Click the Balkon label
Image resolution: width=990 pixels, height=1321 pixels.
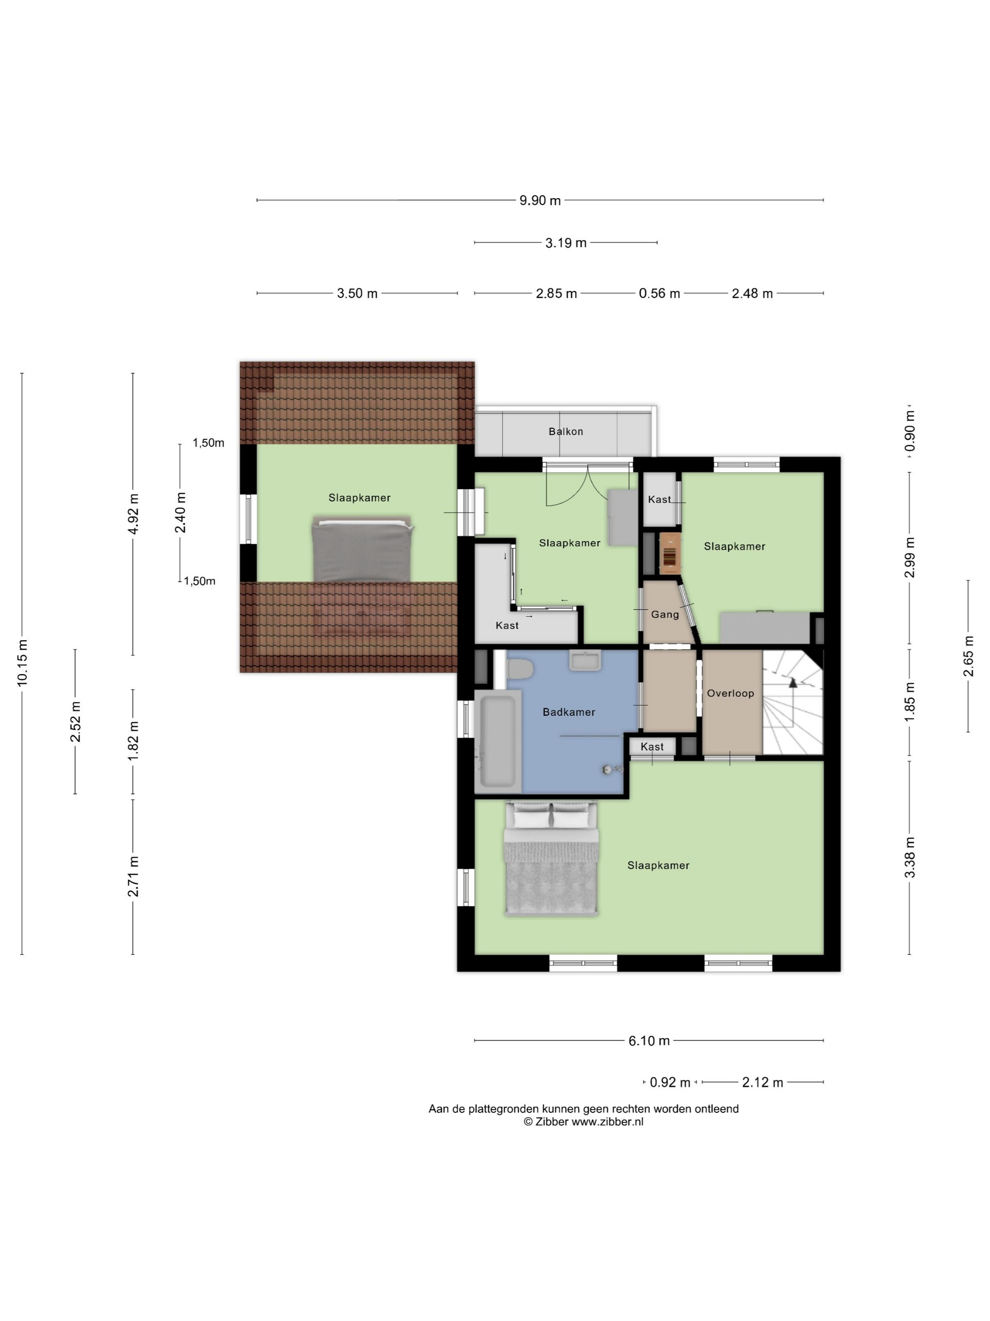(x=565, y=431)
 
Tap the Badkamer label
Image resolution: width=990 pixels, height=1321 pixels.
(x=569, y=712)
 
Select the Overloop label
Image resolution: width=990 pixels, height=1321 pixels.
(x=730, y=694)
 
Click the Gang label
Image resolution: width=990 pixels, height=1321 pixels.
(x=665, y=615)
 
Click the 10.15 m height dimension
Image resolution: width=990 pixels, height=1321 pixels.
(x=23, y=662)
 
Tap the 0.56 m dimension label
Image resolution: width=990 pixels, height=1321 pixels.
(x=660, y=293)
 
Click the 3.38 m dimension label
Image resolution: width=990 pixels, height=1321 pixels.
(x=909, y=858)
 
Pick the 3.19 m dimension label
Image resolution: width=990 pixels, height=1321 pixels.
(x=566, y=243)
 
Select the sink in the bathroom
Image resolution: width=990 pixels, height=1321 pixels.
(x=585, y=660)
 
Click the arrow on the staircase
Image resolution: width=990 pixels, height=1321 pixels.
(x=793, y=683)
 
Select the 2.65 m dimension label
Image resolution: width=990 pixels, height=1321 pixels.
(x=968, y=656)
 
